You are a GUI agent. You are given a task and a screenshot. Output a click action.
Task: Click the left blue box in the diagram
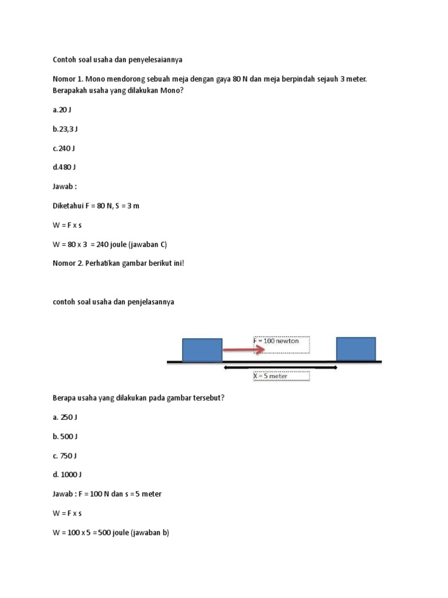click(202, 350)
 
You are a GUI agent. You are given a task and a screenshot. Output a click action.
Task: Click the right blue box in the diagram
click(356, 349)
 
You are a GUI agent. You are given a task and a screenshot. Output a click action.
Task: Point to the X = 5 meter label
click(271, 376)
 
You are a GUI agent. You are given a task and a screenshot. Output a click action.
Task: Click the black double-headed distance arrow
click(280, 367)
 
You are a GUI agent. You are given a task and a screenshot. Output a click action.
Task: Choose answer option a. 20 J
click(62, 110)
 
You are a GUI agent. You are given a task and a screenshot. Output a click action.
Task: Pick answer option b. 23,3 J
click(65, 129)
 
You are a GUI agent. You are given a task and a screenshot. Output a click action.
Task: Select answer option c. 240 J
click(64, 148)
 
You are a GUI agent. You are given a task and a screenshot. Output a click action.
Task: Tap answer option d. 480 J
click(64, 167)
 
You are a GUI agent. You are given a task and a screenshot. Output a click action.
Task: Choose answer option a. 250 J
click(65, 417)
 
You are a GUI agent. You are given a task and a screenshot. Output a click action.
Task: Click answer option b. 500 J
click(65, 436)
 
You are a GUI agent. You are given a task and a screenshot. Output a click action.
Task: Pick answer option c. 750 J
click(65, 456)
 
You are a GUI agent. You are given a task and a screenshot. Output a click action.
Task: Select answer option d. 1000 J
click(66, 475)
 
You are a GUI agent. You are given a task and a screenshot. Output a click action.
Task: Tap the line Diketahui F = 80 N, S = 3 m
click(96, 206)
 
